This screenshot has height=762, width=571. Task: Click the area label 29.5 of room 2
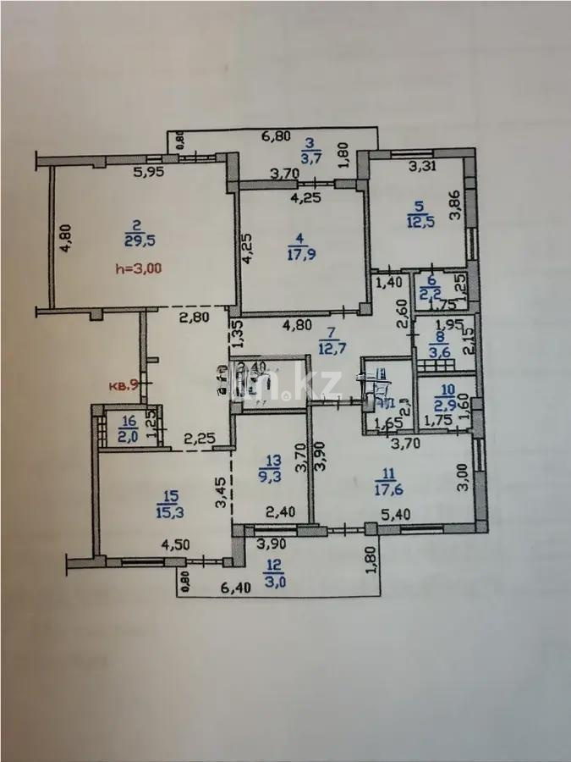pos(135,240)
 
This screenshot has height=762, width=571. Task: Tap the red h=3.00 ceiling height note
pos(137,269)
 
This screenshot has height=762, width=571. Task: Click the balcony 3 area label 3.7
pos(310,156)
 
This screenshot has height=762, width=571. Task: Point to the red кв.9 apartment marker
pos(124,385)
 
